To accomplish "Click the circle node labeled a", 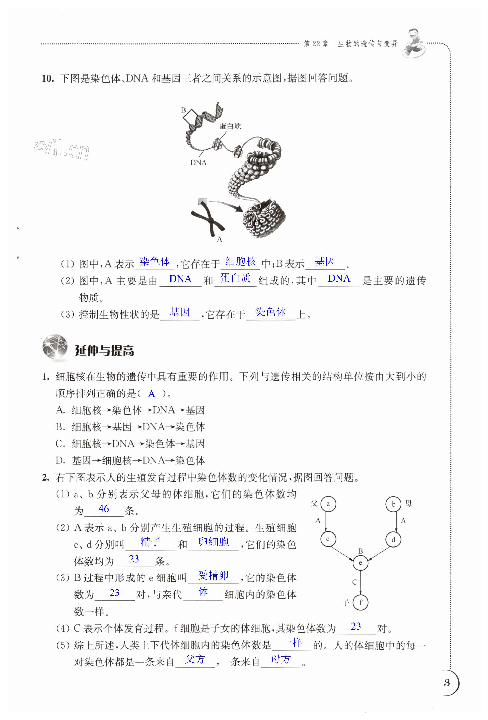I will pyautogui.click(x=328, y=504).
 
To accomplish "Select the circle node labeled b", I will pyautogui.click(x=393, y=504).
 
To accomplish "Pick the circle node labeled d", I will pyautogui.click(x=393, y=540).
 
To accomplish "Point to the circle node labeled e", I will pyautogui.click(x=360, y=563).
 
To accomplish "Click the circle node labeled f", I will pyautogui.click(x=360, y=603).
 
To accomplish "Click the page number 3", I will pyautogui.click(x=446, y=683).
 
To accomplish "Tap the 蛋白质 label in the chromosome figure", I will pyautogui.click(x=230, y=126).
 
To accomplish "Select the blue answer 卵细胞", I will pyautogui.click(x=214, y=542).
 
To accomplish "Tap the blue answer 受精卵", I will pyautogui.click(x=213, y=575).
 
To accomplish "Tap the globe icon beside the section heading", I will pyautogui.click(x=55, y=347).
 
